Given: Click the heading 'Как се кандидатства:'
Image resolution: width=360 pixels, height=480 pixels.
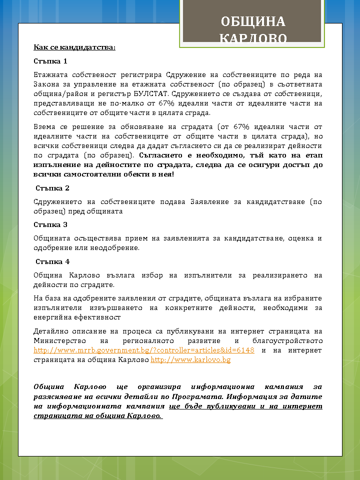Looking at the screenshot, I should (x=74, y=47).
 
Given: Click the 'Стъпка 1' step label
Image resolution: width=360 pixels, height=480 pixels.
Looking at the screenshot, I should (x=50, y=61).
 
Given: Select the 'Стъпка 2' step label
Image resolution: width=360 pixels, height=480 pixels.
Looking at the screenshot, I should (x=52, y=188).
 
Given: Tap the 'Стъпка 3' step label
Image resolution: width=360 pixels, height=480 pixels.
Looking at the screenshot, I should (x=50, y=224).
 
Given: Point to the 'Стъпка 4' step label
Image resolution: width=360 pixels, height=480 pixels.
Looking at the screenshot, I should (x=52, y=261).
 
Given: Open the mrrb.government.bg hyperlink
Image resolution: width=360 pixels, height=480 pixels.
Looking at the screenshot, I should (x=144, y=350).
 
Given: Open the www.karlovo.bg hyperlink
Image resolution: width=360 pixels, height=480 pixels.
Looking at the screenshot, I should (x=190, y=359).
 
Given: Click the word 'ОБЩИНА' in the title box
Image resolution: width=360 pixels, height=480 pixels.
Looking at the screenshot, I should (x=253, y=21).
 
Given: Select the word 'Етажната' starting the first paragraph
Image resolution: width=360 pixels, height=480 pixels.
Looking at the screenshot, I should (x=48, y=75).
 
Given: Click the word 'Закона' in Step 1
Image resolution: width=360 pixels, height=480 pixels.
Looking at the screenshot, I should (x=46, y=84).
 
